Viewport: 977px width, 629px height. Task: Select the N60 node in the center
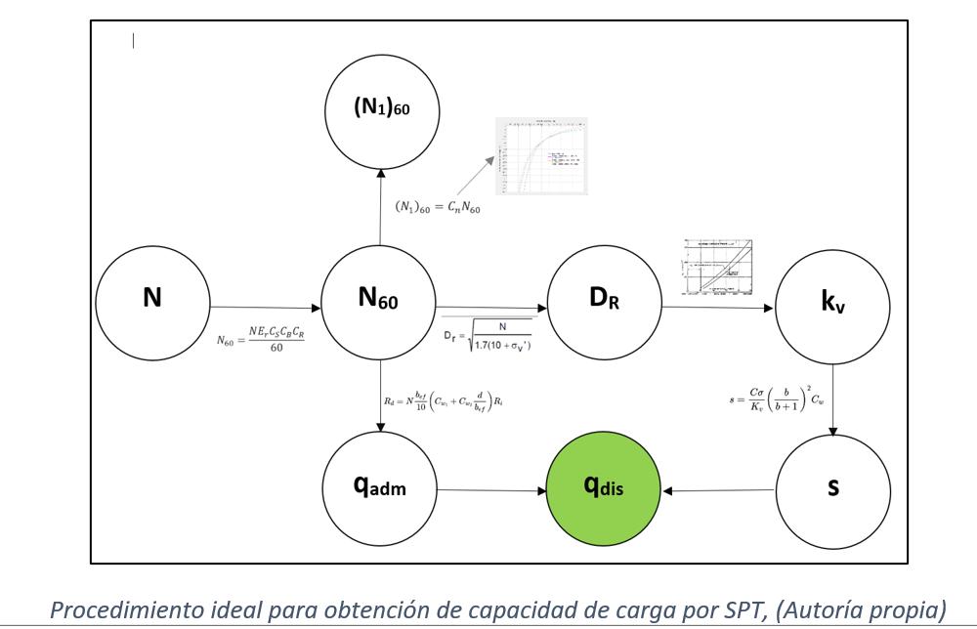pyautogui.click(x=379, y=300)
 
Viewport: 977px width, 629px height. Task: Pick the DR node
pyautogui.click(x=605, y=300)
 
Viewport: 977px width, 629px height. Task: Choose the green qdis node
pyautogui.click(x=605, y=484)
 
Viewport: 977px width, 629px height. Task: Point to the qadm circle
pyautogui.click(x=379, y=484)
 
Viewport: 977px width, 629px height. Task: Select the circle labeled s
pyautogui.click(x=832, y=484)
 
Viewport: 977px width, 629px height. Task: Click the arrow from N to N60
pyautogui.click(x=266, y=307)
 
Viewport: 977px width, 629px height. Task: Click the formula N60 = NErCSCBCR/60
pyautogui.click(x=263, y=339)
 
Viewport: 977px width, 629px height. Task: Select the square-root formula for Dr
pyautogui.click(x=488, y=336)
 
